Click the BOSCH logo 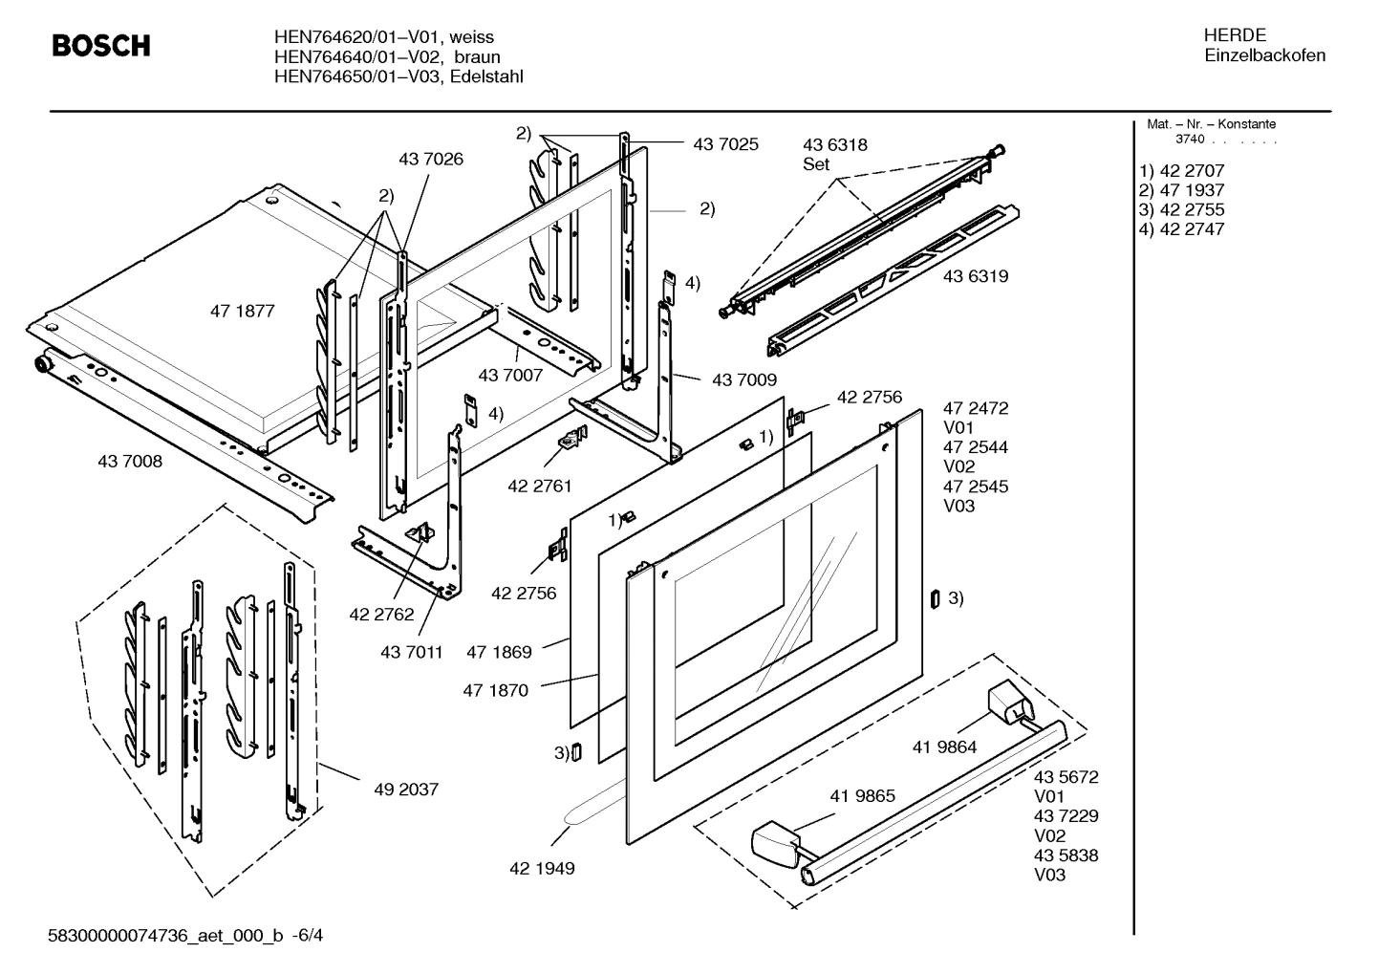point(100,46)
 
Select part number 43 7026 point(431,160)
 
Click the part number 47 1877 point(242,311)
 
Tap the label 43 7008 point(130,462)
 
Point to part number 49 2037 point(406,790)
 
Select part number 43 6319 point(976,276)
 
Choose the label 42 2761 point(540,486)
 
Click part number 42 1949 point(543,869)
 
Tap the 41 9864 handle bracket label point(944,747)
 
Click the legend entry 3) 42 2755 point(1181,209)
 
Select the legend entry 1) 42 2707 point(1181,171)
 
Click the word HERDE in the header point(1235,35)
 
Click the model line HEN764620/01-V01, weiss point(383,36)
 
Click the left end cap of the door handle point(775,847)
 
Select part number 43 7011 point(412,653)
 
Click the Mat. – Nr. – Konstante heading point(1211,124)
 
